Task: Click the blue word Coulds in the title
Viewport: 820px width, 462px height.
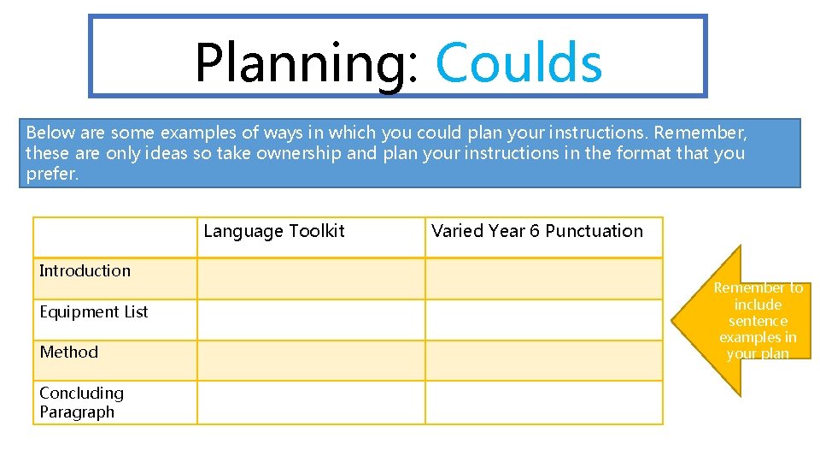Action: pyautogui.click(x=518, y=62)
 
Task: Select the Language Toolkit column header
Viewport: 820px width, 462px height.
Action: pyautogui.click(x=274, y=231)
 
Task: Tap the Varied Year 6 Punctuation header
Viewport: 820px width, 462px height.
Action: pyautogui.click(x=537, y=231)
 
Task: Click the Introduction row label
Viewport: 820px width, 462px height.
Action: pyautogui.click(x=85, y=271)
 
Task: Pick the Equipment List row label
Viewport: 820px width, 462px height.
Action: pyautogui.click(x=94, y=311)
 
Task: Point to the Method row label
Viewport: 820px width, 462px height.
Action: pyautogui.click(x=69, y=352)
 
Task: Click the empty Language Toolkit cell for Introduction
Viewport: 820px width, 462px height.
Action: pyautogui.click(x=311, y=278)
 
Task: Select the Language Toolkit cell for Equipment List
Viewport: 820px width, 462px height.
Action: pyautogui.click(x=311, y=319)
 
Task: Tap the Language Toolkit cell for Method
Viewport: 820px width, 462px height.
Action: pyautogui.click(x=311, y=360)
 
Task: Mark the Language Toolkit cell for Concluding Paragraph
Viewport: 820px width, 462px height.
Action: pyautogui.click(x=311, y=402)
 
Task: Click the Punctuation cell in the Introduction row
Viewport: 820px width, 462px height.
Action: pyautogui.click(x=543, y=278)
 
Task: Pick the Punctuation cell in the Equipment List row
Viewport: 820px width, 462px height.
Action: pyautogui.click(x=543, y=319)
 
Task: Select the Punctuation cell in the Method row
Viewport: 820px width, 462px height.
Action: pyautogui.click(x=543, y=360)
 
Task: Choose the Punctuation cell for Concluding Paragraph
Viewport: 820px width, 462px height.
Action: pyautogui.click(x=543, y=402)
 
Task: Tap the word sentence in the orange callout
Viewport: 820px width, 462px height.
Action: pyautogui.click(x=758, y=321)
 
